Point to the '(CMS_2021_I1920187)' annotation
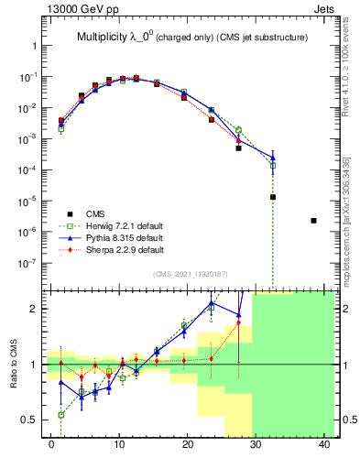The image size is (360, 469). pyautogui.click(x=190, y=273)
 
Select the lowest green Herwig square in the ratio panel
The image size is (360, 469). pyautogui.click(x=61, y=415)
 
